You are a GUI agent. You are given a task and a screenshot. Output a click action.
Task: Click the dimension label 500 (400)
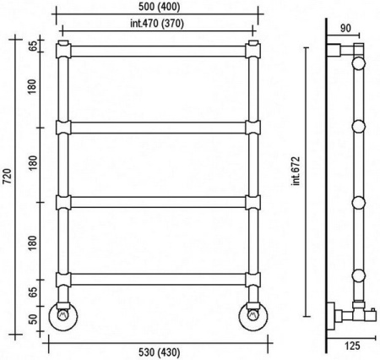(159, 7)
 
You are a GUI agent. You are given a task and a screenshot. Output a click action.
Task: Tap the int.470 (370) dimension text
(157, 24)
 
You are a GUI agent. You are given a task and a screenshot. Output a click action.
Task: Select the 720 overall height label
(8, 177)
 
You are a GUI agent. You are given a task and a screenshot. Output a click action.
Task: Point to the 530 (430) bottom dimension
(159, 352)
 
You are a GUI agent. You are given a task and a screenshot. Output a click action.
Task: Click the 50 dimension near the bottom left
(33, 319)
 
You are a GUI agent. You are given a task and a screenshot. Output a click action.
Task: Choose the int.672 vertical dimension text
(296, 171)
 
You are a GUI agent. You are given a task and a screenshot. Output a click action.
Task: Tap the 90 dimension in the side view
(345, 29)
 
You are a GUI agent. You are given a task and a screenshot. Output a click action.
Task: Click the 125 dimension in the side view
(352, 346)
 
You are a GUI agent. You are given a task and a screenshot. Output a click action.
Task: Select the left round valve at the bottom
(63, 316)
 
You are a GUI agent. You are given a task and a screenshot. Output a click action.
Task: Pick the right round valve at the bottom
(253, 316)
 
